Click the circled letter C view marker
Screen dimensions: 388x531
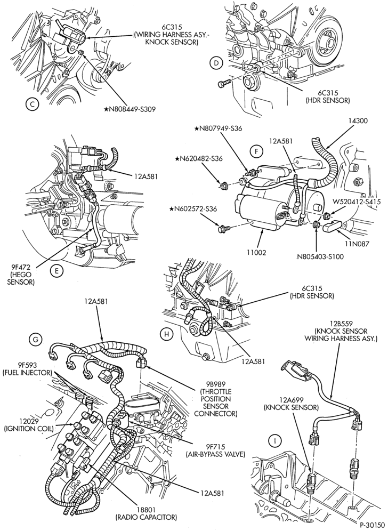(32, 104)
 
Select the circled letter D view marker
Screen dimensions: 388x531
(216, 63)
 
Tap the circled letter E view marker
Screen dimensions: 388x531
(56, 270)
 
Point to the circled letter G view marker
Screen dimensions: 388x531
(36, 340)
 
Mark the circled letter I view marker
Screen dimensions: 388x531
(275, 440)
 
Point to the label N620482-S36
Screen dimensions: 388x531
(199, 158)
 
